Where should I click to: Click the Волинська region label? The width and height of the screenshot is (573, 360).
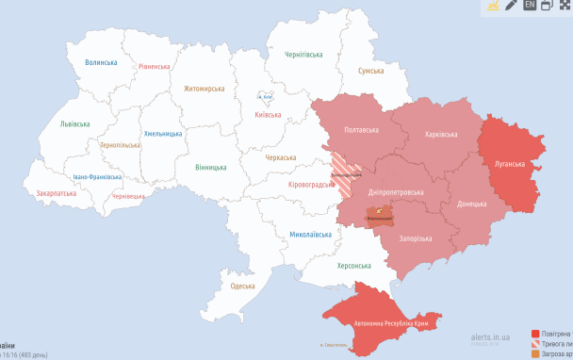click(x=101, y=62)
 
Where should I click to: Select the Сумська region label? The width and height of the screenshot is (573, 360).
click(x=370, y=71)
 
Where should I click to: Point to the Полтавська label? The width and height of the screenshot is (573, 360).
click(x=363, y=129)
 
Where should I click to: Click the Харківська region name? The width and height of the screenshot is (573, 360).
click(x=443, y=134)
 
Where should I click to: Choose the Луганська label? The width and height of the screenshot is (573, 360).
click(x=510, y=163)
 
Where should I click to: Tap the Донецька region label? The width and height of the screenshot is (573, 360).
click(x=471, y=204)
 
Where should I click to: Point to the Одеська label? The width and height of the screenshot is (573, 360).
click(x=242, y=286)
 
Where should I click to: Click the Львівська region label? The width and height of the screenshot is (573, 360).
click(x=74, y=124)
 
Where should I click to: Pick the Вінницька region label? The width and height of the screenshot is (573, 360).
click(x=210, y=167)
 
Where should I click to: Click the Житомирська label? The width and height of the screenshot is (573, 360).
click(x=205, y=89)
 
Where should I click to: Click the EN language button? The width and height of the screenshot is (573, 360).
click(x=531, y=5)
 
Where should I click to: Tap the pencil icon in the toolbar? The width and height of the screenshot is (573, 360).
click(x=511, y=5)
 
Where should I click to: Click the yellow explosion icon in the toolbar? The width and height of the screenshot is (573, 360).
click(x=491, y=5)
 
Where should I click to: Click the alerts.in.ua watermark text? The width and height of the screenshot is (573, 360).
click(x=491, y=336)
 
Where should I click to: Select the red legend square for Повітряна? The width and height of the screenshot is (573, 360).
click(x=535, y=334)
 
